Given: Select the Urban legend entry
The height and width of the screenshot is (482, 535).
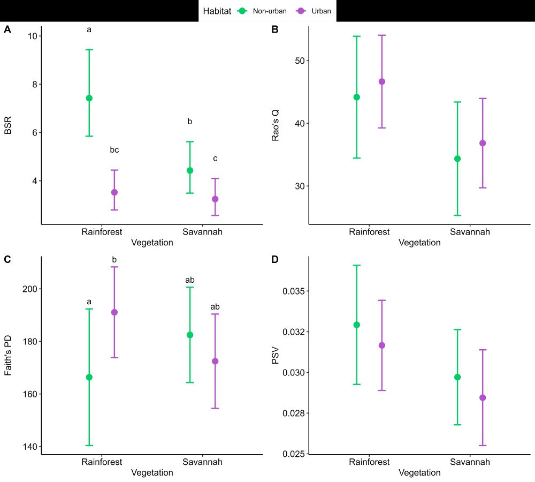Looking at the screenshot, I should tap(314, 11).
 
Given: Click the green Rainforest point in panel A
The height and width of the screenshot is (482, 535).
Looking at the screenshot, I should tap(89, 98).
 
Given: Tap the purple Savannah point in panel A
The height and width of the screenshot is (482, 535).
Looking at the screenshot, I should tap(215, 199).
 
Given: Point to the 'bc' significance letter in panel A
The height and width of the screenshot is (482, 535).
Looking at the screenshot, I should tap(114, 150).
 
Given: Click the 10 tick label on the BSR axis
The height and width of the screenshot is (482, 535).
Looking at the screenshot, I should tap(32, 36).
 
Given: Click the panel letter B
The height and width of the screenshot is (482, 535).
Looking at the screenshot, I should tap(275, 30).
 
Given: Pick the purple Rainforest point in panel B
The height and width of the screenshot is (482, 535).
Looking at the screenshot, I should tap(382, 81).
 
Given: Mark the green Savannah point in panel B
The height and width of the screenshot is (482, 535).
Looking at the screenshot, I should tap(457, 159).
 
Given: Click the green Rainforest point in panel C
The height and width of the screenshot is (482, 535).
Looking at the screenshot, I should tap(89, 377).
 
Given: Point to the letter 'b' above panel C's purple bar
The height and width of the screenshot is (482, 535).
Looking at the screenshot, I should tap(114, 260).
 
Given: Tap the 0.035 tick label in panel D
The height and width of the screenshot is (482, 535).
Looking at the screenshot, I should tap(294, 291).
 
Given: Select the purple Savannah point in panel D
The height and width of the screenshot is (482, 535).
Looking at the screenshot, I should tap(483, 397).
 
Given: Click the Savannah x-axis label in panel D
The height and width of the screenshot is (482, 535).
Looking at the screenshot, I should tap(470, 462).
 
